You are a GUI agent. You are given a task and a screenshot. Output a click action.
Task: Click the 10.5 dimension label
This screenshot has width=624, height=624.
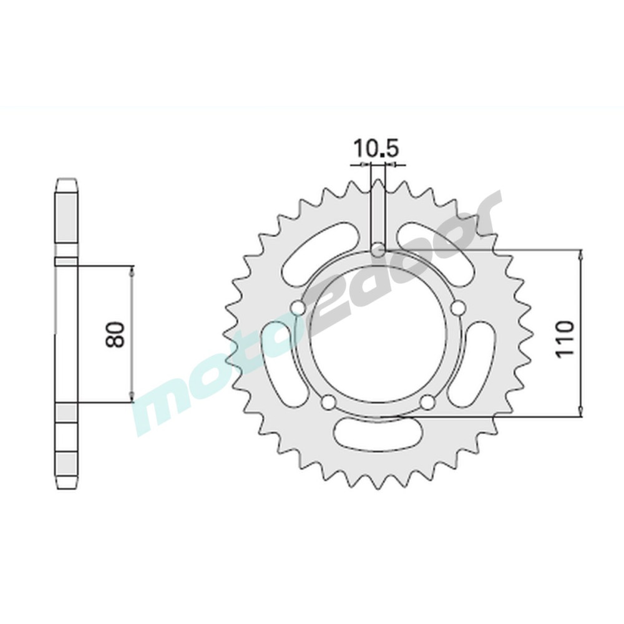point(376,149)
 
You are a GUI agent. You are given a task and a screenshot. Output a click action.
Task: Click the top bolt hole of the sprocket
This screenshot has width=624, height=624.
point(378,251)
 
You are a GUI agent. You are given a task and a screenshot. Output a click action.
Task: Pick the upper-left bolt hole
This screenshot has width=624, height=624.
point(297,307)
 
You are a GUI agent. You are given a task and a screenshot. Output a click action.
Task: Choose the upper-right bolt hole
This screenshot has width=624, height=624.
point(459,307)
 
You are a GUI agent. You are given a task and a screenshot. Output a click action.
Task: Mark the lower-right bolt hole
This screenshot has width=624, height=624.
point(427,402)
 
